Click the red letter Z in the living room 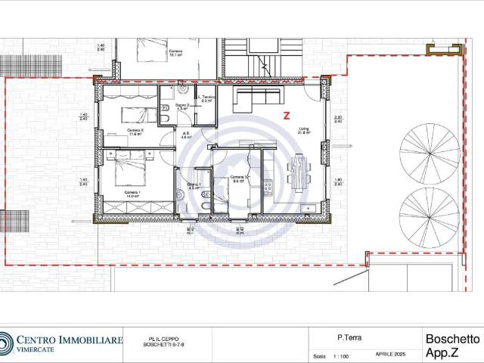[x=286, y=116]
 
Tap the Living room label [x=303, y=129]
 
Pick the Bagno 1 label [x=193, y=185]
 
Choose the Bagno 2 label [x=181, y=105]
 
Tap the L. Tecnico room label [x=206, y=98]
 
